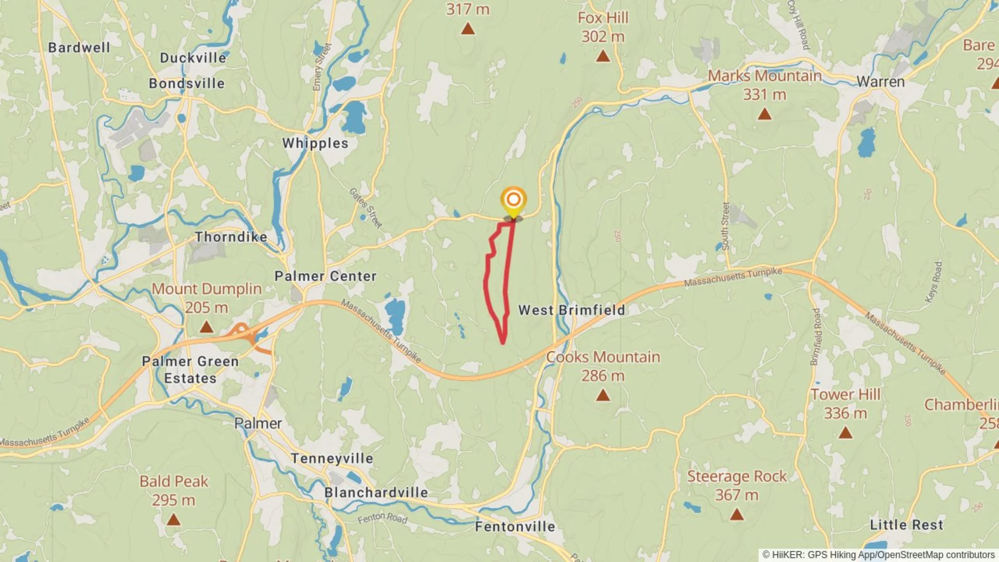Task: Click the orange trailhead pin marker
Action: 514,200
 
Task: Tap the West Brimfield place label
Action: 571,310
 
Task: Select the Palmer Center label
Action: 325,276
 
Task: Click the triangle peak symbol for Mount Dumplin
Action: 207,327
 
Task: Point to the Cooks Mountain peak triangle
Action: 603,395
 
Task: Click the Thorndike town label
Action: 231,237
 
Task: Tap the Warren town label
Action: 880,82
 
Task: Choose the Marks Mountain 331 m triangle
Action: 764,113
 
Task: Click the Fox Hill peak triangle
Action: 603,56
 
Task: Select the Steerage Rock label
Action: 737,477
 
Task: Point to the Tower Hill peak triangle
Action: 846,432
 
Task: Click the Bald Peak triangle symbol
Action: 173,519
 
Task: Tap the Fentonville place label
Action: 515,527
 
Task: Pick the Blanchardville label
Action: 376,492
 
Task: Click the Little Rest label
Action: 906,525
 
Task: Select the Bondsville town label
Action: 187,83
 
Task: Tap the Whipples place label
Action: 315,143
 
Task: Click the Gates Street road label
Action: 366,208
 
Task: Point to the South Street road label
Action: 725,226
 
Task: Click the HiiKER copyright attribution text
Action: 879,555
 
